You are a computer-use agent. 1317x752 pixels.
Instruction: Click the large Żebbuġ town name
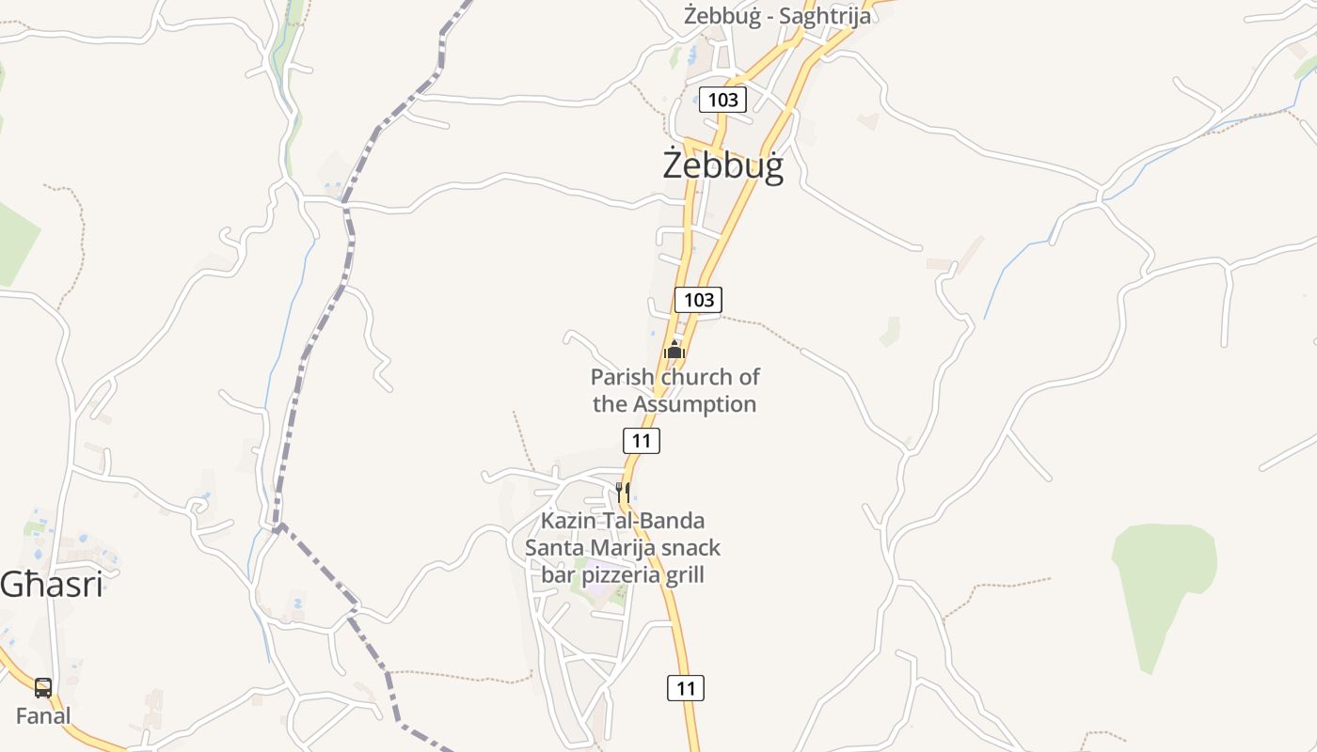[722, 165]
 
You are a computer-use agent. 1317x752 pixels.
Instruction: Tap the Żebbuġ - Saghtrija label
[777, 15]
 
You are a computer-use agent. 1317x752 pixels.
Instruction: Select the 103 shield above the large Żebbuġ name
[722, 99]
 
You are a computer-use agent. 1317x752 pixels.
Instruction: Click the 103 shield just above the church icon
[698, 300]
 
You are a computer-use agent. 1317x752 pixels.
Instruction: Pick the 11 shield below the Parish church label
[642, 440]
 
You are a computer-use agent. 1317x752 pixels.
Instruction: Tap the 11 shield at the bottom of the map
[686, 688]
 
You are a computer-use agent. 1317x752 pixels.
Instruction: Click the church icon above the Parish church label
[674, 351]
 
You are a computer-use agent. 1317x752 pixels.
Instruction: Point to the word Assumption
[694, 404]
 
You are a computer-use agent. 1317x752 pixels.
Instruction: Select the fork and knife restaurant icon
[623, 491]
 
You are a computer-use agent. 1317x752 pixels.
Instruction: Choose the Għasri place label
[51, 585]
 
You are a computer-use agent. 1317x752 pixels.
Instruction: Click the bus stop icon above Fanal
[43, 687]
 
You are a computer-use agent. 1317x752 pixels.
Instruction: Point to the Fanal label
[43, 715]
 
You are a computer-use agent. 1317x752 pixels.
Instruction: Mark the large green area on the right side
[1164, 583]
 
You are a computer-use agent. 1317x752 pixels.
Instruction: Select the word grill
[684, 574]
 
